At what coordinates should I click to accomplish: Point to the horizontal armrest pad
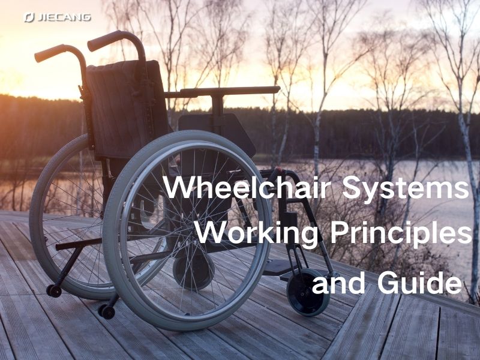tap(230, 91)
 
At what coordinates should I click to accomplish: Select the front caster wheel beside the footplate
tap(308, 292)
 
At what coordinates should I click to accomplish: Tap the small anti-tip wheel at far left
tap(54, 290)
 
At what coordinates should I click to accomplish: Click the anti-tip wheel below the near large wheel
tap(107, 311)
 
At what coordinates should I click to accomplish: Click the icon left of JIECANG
tap(29, 17)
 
